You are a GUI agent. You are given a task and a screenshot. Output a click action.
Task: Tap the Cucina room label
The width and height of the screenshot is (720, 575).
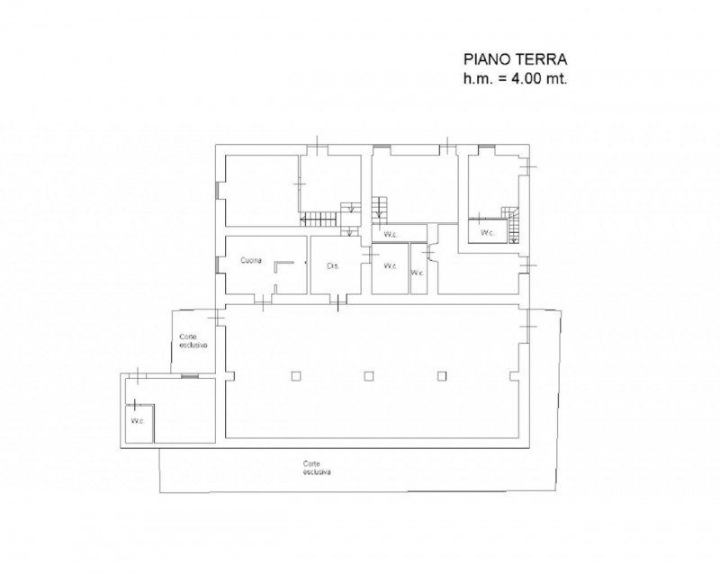pos(251,260)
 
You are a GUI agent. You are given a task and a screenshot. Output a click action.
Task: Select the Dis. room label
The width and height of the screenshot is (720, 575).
pos(333,266)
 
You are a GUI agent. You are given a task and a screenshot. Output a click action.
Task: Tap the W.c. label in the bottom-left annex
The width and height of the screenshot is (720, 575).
pos(138,421)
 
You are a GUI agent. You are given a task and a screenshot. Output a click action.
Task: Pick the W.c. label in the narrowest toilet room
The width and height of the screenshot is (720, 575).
pos(417,273)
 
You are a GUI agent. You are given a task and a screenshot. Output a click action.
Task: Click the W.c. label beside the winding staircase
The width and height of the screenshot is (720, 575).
pos(487,233)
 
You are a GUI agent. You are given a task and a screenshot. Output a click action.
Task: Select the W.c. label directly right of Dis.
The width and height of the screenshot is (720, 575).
pos(391,266)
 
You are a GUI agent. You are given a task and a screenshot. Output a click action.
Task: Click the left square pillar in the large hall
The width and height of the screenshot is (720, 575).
pos(296,376)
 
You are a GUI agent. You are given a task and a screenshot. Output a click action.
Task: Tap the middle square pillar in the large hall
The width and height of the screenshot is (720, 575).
pos(368,376)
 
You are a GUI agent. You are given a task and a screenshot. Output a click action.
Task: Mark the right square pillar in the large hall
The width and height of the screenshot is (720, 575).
pos(442,376)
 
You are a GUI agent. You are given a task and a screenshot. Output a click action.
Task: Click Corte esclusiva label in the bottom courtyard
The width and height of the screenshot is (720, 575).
pos(317,468)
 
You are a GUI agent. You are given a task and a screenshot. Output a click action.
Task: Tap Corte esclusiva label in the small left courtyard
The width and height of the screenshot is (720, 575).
pos(193,341)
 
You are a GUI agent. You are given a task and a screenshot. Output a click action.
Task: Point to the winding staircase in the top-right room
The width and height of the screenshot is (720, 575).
pos(509,224)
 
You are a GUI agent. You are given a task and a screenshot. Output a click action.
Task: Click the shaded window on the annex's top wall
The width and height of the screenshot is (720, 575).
pos(190,376)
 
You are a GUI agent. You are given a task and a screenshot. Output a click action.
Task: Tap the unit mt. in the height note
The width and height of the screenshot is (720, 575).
pos(556,79)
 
